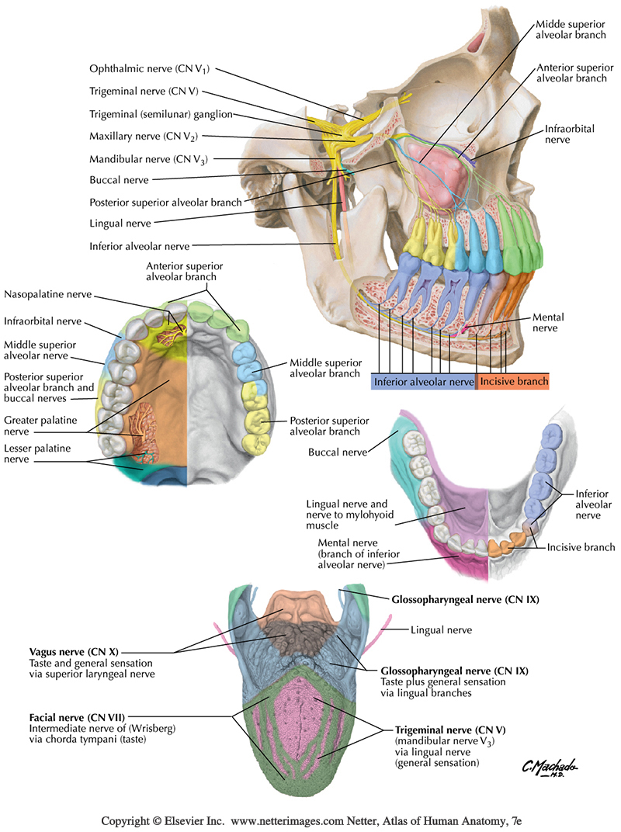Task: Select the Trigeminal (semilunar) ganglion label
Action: click(x=147, y=113)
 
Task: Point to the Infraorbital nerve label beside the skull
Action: click(x=568, y=134)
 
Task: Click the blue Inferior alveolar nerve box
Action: click(x=423, y=381)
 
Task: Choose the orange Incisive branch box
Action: click(x=512, y=381)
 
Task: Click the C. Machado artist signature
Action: click(x=550, y=768)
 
